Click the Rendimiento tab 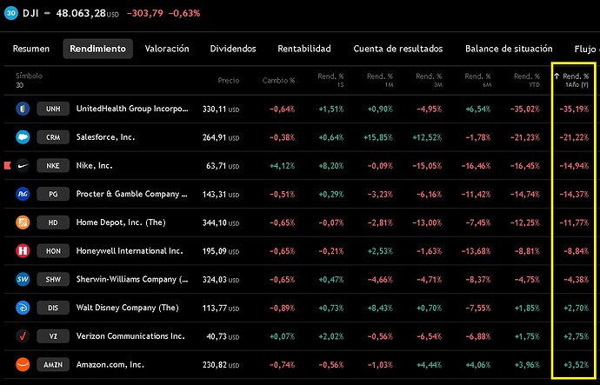click(97, 49)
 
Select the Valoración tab click(167, 49)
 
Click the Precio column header click(229, 80)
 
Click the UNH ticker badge click(52, 109)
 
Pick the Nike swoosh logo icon click(23, 165)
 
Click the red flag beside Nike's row click(5, 165)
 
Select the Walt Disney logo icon click(23, 308)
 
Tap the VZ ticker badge click(52, 335)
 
